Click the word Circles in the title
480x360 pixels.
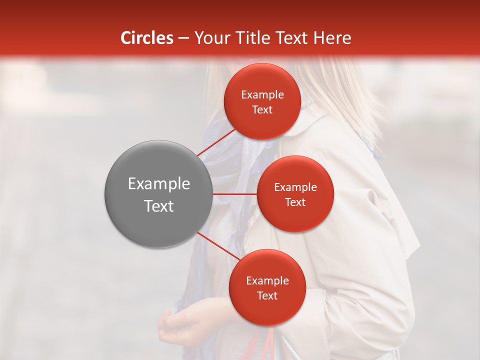(146, 38)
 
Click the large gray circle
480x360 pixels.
(158, 194)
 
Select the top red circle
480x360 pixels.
(262, 101)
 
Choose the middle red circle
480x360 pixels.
(295, 194)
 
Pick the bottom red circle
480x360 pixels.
(267, 287)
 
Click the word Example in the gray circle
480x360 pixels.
(158, 184)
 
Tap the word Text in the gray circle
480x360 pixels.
(158, 206)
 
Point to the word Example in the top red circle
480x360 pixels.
(262, 95)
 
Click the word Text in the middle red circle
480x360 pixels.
(295, 202)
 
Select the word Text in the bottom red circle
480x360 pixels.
(267, 295)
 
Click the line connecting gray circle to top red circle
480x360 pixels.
(216, 142)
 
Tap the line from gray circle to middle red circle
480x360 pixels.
(234, 194)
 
